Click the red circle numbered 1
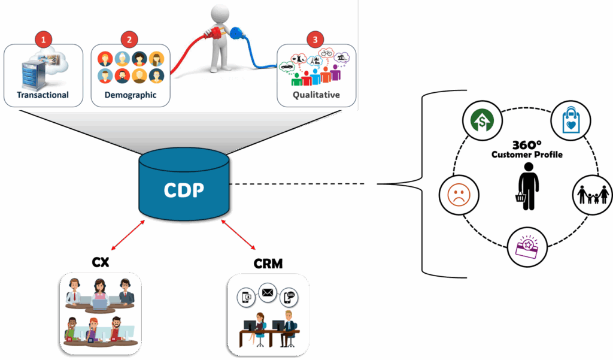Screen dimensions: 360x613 (x=43, y=40)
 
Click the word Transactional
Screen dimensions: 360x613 (x=43, y=95)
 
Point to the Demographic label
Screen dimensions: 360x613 (x=131, y=95)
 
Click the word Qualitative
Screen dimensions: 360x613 (x=316, y=95)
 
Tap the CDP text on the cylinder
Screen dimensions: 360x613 (x=184, y=190)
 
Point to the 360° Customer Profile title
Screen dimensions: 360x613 (x=527, y=150)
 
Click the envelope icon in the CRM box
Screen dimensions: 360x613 (x=266, y=294)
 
